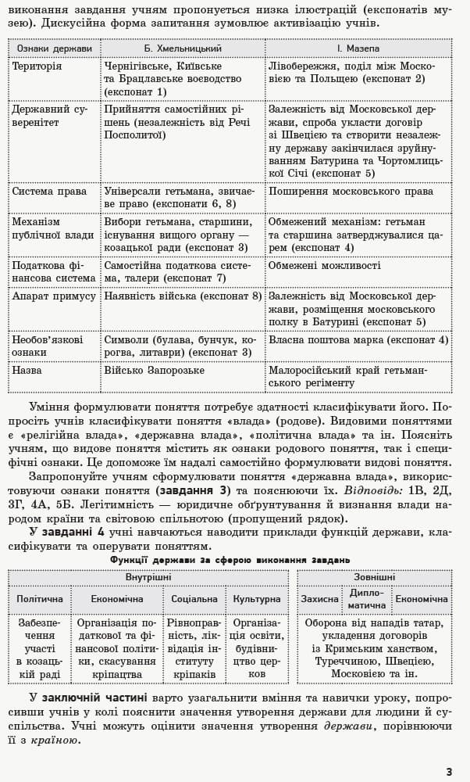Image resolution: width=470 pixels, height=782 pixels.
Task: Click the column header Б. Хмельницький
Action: (183, 48)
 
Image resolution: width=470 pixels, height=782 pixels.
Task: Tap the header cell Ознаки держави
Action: (55, 48)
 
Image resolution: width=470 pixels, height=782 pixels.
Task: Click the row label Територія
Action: (37, 66)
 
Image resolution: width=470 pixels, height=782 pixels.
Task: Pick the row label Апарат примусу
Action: (54, 296)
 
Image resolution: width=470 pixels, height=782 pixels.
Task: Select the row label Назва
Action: (27, 370)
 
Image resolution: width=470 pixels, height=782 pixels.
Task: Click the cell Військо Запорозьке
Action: (155, 370)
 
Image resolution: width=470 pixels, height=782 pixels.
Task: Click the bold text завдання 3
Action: (192, 490)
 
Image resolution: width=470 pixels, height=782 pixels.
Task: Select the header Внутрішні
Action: (149, 577)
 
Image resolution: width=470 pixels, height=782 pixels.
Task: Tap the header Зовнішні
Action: (374, 577)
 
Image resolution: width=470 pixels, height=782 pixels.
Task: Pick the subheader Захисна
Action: (320, 599)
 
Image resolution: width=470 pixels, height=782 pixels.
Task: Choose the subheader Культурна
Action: (257, 599)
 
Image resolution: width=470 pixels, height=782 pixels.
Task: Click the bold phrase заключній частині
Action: (92, 695)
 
